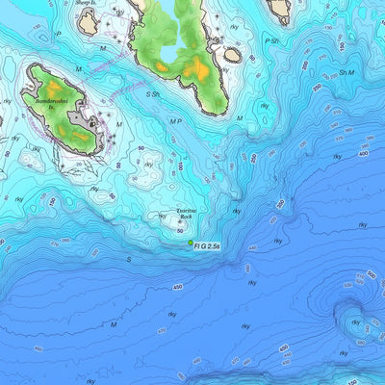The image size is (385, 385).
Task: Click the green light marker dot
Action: pyautogui.click(x=191, y=244)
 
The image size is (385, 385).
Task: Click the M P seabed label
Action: pyautogui.click(x=175, y=122)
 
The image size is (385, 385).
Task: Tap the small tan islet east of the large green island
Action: pyautogui.click(x=232, y=55)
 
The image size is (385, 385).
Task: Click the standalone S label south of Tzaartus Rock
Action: pyautogui.click(x=128, y=259)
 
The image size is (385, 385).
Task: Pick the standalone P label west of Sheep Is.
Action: pyautogui.click(x=58, y=34)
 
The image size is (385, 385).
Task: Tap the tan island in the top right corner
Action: pyautogui.click(x=280, y=10)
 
